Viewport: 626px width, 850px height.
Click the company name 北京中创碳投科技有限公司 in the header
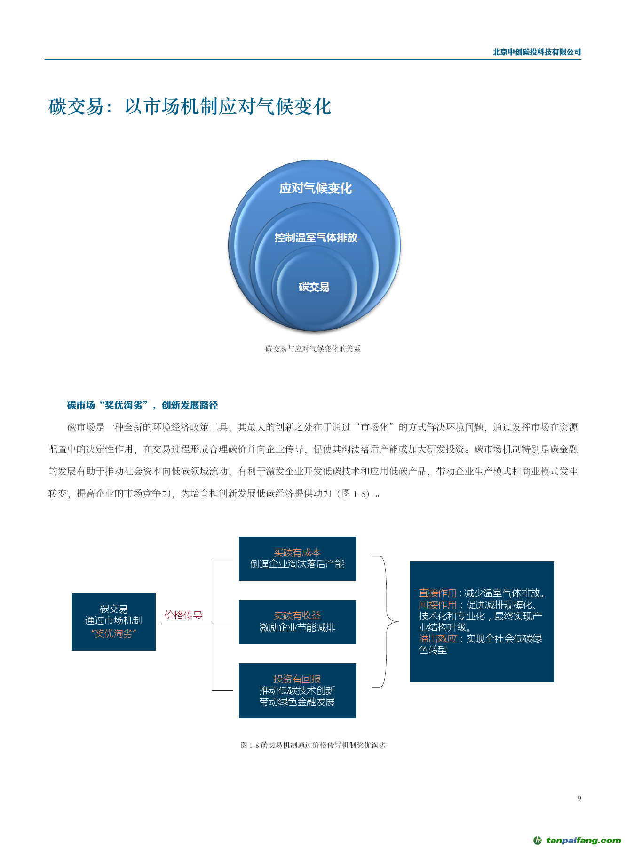[x=537, y=52]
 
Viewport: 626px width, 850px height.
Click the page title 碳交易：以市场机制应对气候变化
[x=190, y=107]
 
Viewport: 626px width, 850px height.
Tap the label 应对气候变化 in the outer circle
[x=316, y=188]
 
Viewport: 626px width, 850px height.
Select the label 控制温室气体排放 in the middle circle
[x=316, y=238]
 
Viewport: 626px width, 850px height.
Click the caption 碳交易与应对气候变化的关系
[x=313, y=349]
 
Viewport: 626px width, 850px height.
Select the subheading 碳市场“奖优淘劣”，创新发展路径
[x=143, y=405]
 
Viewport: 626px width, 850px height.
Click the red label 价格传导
[x=183, y=615]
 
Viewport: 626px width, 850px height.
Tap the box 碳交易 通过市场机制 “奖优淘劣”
[x=114, y=622]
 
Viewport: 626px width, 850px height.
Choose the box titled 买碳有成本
[x=297, y=559]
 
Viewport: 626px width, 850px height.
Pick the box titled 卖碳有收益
[x=297, y=622]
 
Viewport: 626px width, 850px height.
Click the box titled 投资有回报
[x=297, y=690]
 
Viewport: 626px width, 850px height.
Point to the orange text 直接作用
[x=437, y=593]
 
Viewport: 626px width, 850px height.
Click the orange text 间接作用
[x=437, y=605]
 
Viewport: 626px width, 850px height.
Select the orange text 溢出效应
[x=437, y=639]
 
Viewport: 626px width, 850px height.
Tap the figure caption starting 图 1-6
[x=313, y=745]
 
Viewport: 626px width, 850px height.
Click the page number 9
[x=579, y=798]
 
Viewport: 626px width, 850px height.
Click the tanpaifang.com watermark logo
[x=577, y=840]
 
